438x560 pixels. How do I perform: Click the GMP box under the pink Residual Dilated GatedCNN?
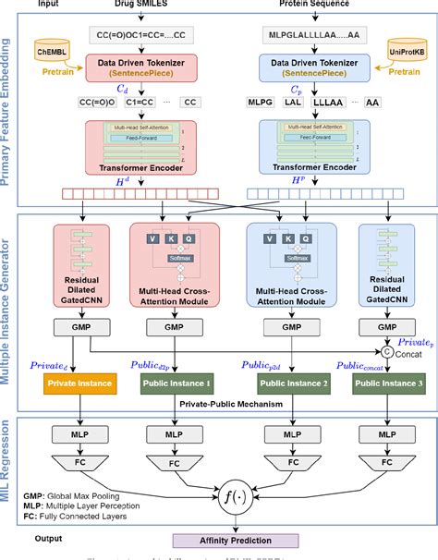pyautogui.click(x=79, y=326)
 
